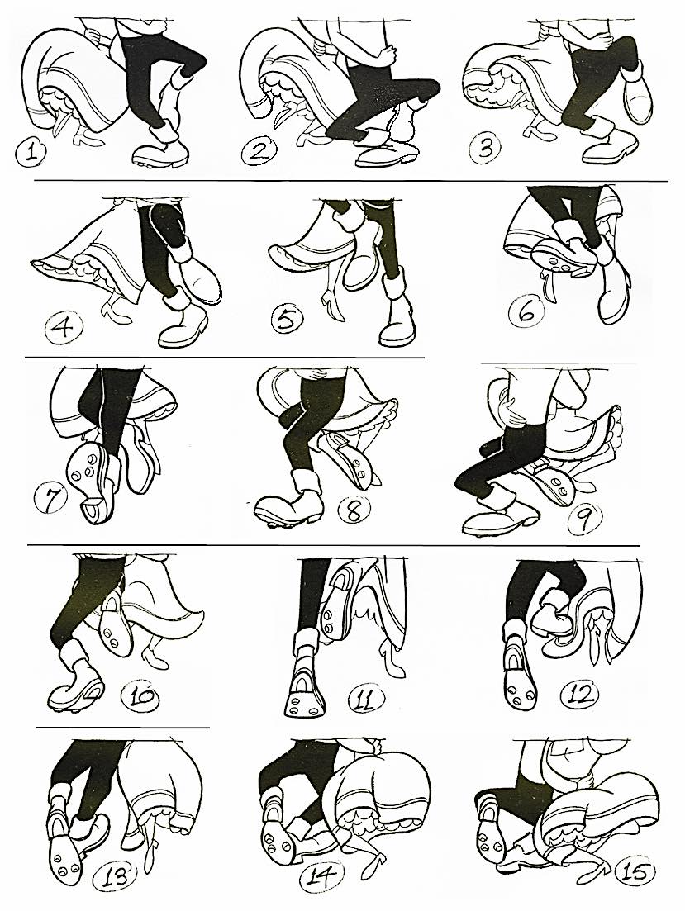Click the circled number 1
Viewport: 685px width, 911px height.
click(x=31, y=154)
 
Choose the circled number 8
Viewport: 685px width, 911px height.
click(x=354, y=510)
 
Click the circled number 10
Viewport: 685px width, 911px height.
click(x=140, y=695)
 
